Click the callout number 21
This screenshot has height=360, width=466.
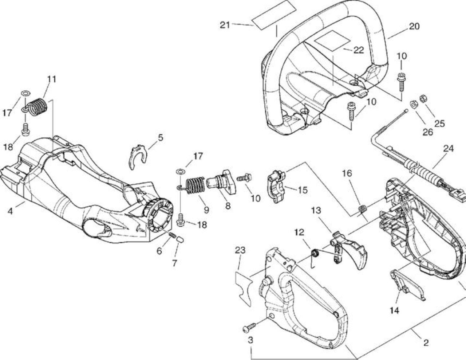(x=225, y=25)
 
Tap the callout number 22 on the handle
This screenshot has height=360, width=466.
(x=359, y=50)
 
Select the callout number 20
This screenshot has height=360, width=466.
(x=414, y=26)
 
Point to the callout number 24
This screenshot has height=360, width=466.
(x=449, y=149)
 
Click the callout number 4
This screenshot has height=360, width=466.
(x=10, y=211)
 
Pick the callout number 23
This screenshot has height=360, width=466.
(x=240, y=250)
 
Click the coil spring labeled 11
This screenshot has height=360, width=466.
(x=39, y=107)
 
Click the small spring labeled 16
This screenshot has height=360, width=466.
(x=362, y=208)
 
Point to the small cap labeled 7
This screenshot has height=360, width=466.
(x=180, y=239)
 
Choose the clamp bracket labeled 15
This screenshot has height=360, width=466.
(x=277, y=186)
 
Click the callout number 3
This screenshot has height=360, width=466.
(x=250, y=340)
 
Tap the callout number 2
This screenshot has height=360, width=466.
(x=426, y=343)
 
